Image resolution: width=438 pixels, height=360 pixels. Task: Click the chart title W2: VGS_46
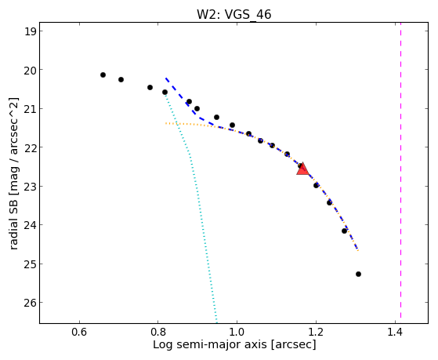click(x=233, y=15)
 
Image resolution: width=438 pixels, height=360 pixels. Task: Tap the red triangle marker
click(x=302, y=169)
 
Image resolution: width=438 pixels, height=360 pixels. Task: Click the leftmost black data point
click(x=103, y=75)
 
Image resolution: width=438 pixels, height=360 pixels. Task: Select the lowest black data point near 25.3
click(x=358, y=275)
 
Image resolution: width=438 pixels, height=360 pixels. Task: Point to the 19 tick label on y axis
click(x=30, y=31)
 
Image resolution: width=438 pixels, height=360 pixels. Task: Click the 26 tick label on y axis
click(x=30, y=303)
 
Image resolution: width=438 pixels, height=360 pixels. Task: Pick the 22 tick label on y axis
click(x=30, y=147)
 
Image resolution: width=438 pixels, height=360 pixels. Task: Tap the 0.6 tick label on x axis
click(x=79, y=332)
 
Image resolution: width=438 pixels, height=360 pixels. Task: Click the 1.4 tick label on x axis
click(x=395, y=332)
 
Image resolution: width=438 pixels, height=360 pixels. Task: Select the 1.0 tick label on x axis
click(x=237, y=332)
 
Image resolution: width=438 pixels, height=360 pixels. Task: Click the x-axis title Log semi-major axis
click(x=234, y=344)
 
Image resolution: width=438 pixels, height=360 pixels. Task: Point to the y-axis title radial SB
click(x=13, y=173)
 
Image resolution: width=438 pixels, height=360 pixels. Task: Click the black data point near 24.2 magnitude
click(x=344, y=231)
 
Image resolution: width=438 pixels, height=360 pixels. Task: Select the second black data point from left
click(x=121, y=79)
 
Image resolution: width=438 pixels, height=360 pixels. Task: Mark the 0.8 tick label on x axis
click(x=158, y=332)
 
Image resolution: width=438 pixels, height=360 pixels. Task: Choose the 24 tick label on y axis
click(x=30, y=225)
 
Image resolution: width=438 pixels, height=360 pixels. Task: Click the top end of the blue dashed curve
click(x=165, y=78)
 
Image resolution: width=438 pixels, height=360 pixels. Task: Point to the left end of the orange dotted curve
click(x=165, y=123)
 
